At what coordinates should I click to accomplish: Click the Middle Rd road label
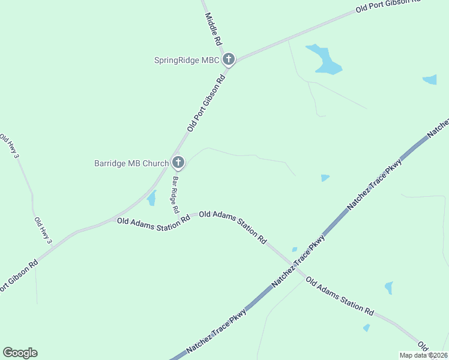(x=214, y=29)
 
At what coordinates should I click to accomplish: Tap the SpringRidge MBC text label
(x=187, y=60)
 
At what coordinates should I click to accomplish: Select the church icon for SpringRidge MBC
(x=228, y=59)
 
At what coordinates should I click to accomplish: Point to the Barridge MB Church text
(x=131, y=163)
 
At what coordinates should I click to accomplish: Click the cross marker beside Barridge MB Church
(x=178, y=163)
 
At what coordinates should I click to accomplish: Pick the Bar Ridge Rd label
(x=175, y=195)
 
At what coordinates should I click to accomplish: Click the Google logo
(x=20, y=353)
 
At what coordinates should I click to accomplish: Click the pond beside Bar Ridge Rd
(x=151, y=198)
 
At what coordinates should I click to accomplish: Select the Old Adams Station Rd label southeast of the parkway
(x=339, y=296)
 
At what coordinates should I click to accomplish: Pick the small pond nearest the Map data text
(x=366, y=328)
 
